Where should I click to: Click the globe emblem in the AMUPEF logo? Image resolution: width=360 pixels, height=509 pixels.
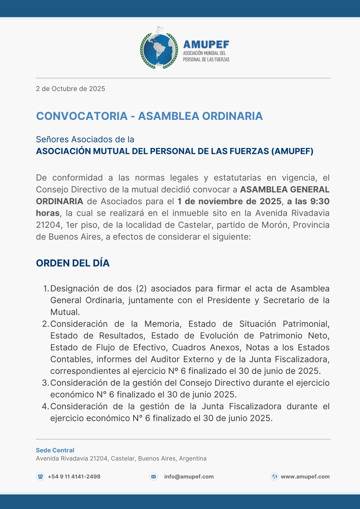click(159, 50)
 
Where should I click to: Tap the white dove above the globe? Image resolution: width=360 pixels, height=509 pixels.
click(160, 29)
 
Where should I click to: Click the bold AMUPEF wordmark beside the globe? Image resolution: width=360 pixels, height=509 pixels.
click(206, 45)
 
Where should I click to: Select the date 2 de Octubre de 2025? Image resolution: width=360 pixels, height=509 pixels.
click(70, 89)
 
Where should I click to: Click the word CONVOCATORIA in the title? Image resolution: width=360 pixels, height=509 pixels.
click(82, 116)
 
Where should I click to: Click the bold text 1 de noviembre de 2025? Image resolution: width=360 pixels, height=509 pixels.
click(229, 201)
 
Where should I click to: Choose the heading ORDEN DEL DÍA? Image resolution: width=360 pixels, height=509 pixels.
click(73, 263)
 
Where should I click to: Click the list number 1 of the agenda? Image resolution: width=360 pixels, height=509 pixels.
click(46, 289)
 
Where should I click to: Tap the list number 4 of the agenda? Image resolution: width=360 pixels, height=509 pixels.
click(45, 406)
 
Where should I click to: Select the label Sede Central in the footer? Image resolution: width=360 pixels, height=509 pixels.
click(55, 450)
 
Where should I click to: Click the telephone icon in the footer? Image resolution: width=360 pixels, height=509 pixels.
click(40, 477)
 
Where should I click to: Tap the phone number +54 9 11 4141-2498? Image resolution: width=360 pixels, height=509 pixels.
click(74, 477)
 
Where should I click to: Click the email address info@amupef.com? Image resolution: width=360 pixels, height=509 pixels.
click(189, 477)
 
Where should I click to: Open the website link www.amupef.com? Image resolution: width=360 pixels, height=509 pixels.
click(305, 477)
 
